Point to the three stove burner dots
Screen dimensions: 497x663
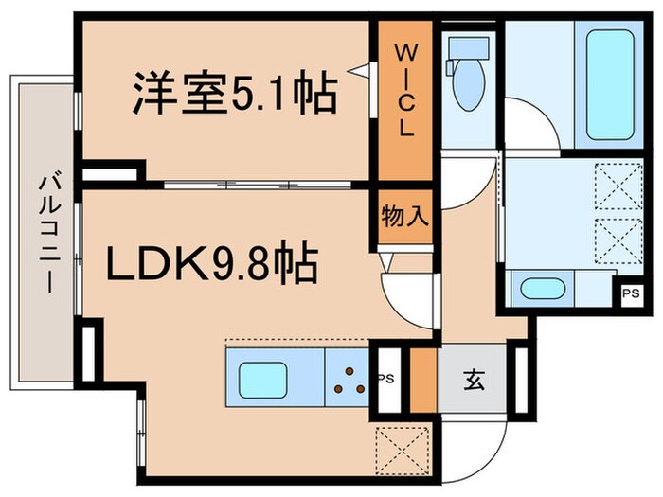click(351, 382)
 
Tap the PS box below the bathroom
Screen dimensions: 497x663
click(631, 292)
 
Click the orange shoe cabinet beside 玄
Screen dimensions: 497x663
click(423, 381)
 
